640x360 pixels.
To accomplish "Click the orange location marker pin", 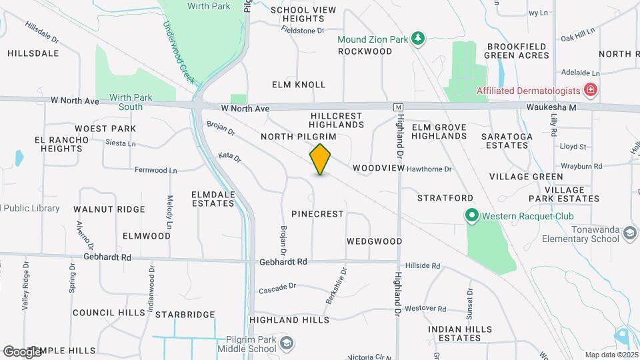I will (x=321, y=159).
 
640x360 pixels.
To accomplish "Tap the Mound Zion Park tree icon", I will (x=418, y=39).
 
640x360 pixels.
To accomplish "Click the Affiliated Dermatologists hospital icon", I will (x=589, y=89).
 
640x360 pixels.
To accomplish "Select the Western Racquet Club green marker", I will (x=472, y=215).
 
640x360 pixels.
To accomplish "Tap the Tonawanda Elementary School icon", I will (x=631, y=233).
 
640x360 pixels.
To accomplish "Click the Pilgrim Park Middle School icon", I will (x=287, y=343).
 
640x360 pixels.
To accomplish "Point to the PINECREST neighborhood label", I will (x=317, y=214).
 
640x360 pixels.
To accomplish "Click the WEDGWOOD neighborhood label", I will (x=374, y=241).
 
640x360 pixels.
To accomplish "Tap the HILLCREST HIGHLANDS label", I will (x=337, y=120).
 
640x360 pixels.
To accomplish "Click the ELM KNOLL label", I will (x=299, y=85).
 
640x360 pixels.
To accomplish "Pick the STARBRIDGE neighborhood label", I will (x=182, y=314).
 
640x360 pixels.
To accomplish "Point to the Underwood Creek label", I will (x=179, y=52).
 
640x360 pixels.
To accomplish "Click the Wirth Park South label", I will (x=131, y=101).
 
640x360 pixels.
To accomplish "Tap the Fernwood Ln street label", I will (x=155, y=171).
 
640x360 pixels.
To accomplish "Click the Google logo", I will (x=21, y=351).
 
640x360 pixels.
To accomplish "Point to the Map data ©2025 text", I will (x=611, y=355).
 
